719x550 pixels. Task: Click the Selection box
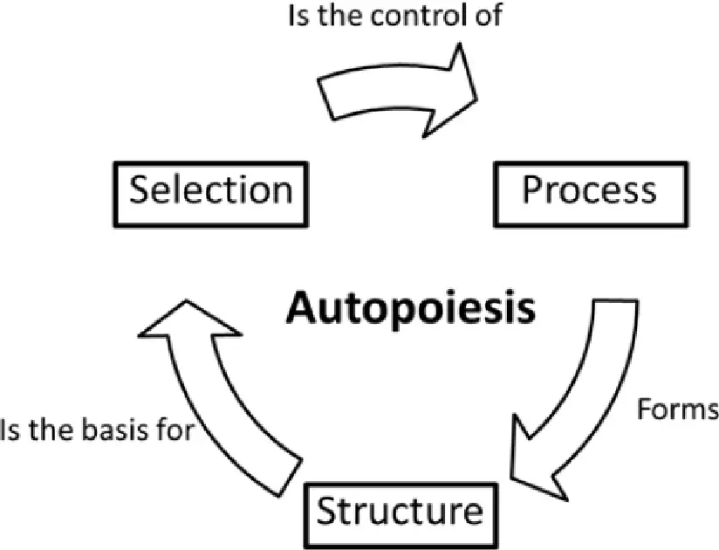coord(211,194)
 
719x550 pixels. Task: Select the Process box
coord(591,194)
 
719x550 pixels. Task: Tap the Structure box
coord(401,515)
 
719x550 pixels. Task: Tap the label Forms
coord(678,409)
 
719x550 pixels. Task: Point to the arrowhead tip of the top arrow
coord(477,98)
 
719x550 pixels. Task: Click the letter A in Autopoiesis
coord(302,307)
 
